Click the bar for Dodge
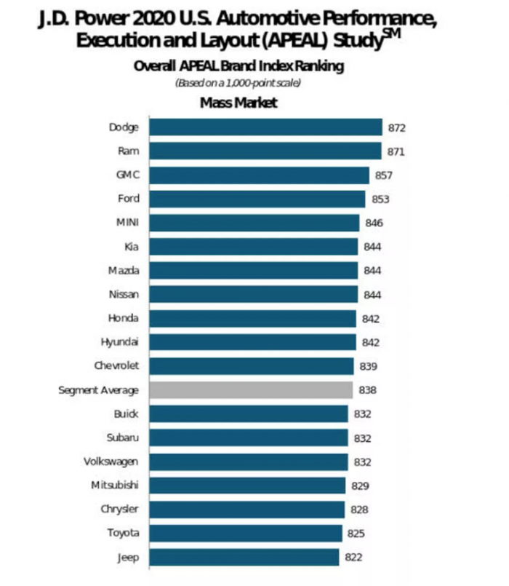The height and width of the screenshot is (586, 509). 265,127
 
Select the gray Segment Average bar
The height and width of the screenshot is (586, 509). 251,390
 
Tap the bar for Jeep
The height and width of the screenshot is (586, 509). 244,558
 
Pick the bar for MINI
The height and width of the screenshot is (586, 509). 254,223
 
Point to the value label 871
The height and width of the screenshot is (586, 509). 396,151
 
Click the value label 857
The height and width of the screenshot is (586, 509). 383,175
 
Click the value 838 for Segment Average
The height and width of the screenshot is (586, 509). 367,390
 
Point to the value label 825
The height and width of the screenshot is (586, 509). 356,534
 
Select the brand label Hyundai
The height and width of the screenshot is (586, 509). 119,342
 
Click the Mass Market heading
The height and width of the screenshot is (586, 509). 239,103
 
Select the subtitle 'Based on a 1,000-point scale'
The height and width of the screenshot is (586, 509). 239,82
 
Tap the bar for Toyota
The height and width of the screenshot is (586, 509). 246,534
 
